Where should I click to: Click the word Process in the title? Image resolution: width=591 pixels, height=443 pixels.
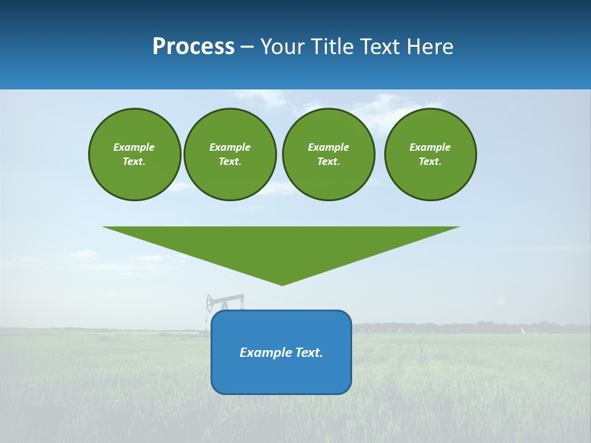(193, 47)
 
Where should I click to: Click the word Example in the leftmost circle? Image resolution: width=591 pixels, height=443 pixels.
(134, 147)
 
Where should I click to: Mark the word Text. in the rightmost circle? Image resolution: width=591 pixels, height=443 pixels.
(430, 162)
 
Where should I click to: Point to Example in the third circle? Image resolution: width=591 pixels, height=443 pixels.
(328, 147)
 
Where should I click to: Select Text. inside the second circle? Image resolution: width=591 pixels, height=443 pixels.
(230, 162)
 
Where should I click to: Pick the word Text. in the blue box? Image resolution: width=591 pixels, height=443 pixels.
(309, 353)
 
